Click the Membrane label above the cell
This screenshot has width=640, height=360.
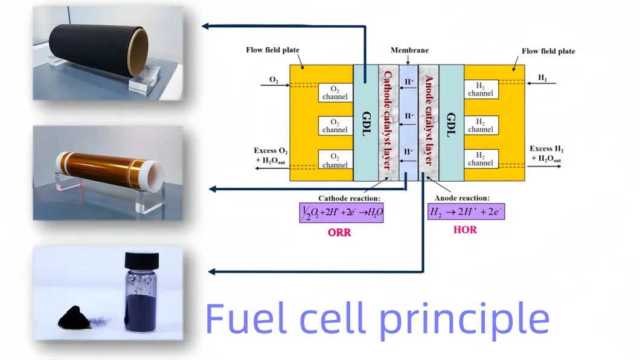(x=409, y=50)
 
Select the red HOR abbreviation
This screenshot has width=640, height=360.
(x=464, y=230)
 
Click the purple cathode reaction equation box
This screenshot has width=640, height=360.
(x=342, y=213)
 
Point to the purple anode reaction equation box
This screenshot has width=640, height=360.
(x=466, y=213)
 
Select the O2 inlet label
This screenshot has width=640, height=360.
(x=274, y=79)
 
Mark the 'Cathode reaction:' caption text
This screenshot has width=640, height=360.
(x=348, y=198)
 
